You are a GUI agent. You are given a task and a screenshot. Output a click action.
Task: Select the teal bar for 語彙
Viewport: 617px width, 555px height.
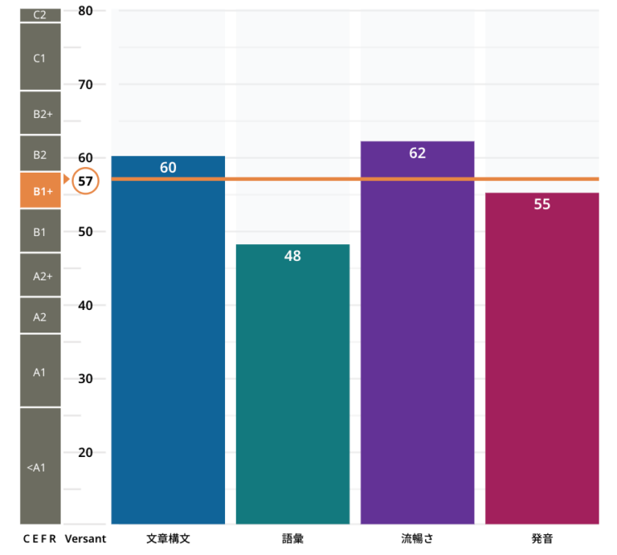292,386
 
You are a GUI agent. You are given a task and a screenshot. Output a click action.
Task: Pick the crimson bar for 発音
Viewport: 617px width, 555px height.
542,361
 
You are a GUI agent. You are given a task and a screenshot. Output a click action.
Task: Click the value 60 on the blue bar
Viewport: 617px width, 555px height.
168,168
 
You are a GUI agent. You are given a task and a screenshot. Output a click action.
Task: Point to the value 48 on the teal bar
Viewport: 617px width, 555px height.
292,256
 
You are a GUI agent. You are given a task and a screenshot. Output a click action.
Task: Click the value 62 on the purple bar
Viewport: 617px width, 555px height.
417,153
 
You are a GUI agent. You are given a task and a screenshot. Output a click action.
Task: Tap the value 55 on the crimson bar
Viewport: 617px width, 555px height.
542,204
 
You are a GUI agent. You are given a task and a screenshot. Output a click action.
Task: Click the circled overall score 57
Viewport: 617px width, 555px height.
85,182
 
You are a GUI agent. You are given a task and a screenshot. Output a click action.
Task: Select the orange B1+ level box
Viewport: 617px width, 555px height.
40,191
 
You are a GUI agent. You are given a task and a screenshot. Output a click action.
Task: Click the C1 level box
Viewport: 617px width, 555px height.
40,59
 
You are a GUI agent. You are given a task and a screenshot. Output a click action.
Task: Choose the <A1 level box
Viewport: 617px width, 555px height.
40,466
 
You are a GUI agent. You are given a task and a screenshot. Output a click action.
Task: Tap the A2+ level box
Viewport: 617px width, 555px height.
40,275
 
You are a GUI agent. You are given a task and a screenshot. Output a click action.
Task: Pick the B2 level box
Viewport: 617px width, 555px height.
40,153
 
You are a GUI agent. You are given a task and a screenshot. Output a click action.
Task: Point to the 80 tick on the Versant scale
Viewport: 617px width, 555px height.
86,11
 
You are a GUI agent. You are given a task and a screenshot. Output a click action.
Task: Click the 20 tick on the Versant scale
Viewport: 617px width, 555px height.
86,452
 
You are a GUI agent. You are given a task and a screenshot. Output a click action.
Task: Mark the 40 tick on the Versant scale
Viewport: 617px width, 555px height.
86,305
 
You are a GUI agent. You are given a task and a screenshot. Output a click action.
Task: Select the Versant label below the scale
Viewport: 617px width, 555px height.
85,538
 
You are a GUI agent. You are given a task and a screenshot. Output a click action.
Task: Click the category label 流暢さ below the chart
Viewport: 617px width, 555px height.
417,538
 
